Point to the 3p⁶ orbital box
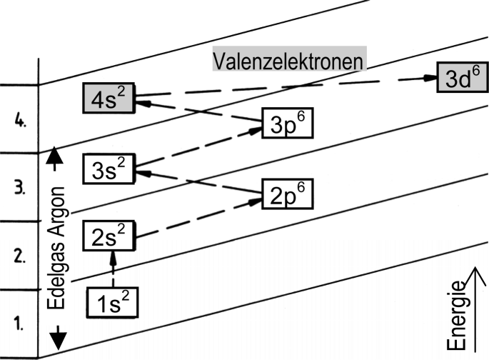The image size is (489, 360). [x=288, y=123]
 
